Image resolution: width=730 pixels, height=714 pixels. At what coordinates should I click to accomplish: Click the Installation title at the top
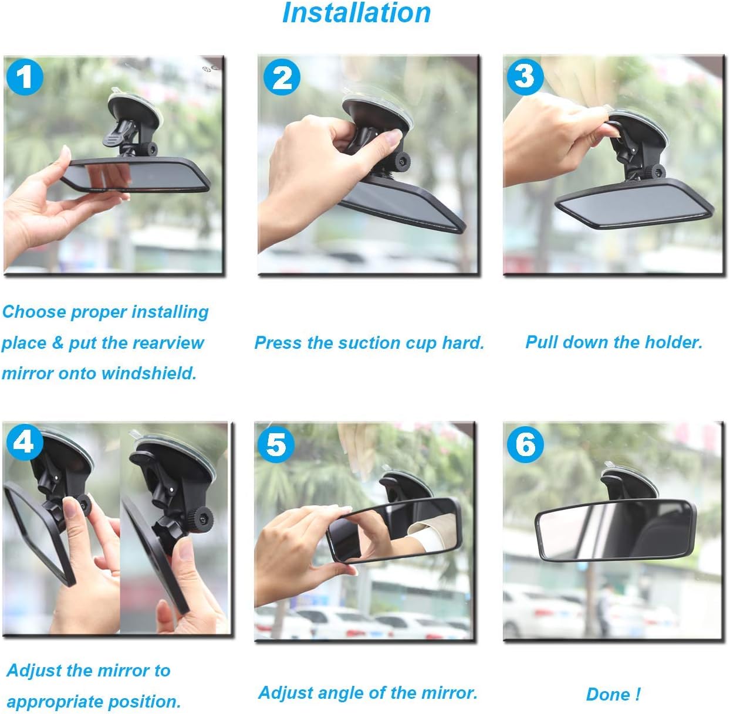pos(356,13)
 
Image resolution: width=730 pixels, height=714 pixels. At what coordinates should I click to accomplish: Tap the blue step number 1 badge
pos(25,76)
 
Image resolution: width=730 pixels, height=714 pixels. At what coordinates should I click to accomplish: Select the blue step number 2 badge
pos(282,77)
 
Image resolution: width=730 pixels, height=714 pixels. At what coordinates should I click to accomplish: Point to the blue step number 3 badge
pos(525,77)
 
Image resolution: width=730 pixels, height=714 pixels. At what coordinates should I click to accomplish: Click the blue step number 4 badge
pos(24,441)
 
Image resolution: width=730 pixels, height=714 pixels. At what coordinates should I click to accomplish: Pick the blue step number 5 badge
pos(275,444)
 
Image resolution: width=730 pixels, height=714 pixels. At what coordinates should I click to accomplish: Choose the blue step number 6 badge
pos(525,444)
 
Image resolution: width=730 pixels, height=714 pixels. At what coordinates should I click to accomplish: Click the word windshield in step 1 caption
pos(149,373)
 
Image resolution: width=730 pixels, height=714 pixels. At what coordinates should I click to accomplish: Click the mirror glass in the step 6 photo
pos(615,529)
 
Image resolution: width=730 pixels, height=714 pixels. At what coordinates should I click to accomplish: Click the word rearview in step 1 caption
pos(168,342)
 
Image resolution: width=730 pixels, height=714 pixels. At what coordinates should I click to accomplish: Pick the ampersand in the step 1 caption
pos(58,342)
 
